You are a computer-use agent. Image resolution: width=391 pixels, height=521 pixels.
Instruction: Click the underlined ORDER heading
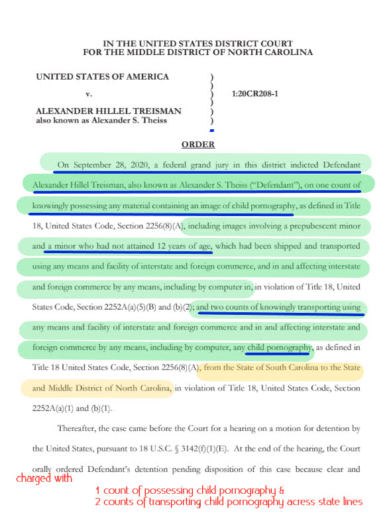tap(198, 145)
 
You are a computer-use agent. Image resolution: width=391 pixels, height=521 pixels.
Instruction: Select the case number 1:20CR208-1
tap(256, 93)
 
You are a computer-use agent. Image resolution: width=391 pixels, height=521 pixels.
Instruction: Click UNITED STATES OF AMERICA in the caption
tap(102, 77)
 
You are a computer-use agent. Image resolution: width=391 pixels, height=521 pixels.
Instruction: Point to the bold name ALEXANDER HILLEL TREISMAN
tap(108, 111)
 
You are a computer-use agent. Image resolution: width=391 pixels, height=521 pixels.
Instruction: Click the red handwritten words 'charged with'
tap(44, 478)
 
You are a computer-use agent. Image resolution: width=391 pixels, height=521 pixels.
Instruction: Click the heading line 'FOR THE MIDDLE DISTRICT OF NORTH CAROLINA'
tap(198, 52)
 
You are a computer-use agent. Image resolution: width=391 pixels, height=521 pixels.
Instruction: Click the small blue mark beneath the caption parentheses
tap(211, 131)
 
